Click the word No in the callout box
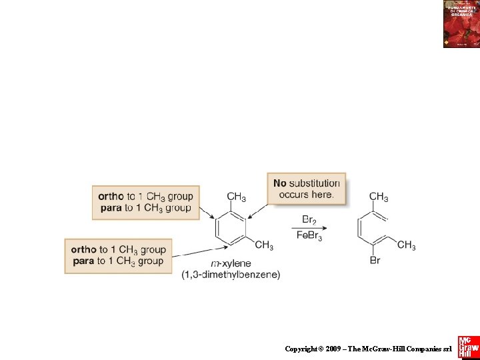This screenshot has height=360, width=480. [x=280, y=183]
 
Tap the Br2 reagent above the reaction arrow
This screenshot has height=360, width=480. [x=309, y=219]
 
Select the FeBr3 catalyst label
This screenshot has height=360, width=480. [x=309, y=237]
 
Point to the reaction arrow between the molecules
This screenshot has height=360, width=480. [x=309, y=229]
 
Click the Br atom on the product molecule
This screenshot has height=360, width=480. [x=375, y=260]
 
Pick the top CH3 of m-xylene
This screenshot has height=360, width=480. [x=236, y=197]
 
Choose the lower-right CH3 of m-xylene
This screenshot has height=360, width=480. [x=264, y=245]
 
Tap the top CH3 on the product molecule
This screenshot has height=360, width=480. [x=379, y=197]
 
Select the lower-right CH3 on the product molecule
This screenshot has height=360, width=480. [x=406, y=245]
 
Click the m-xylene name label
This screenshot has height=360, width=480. [x=230, y=264]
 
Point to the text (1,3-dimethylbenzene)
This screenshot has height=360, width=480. [x=231, y=275]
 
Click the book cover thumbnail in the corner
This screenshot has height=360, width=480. [x=461, y=24]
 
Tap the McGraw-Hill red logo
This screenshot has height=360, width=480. [x=468, y=346]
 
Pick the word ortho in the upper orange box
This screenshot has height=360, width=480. [x=111, y=196]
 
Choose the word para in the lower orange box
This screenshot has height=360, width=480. [x=83, y=261]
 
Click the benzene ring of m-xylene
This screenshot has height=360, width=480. [x=231, y=227]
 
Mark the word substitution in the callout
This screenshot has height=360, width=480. [x=315, y=183]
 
